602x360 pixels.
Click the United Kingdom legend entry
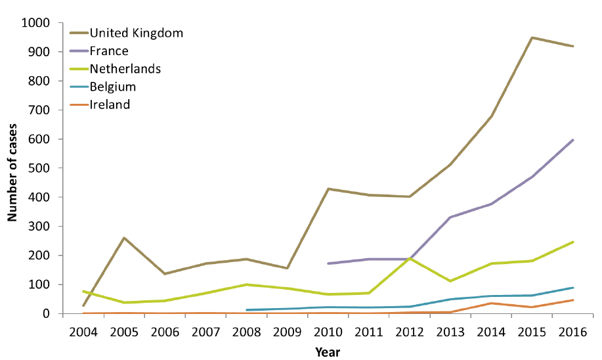pos(136,32)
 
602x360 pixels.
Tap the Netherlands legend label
pos(125,68)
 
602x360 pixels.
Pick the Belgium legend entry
pos(112,86)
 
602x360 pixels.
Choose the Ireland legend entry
pos(110,104)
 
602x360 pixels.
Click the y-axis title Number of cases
pos(12,169)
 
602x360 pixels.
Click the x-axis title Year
pos(327,351)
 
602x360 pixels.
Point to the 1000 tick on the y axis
pos(36,23)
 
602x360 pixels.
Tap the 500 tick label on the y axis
pos(39,168)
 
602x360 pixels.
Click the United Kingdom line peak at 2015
pos(532,37)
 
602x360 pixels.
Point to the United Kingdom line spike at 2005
pos(124,238)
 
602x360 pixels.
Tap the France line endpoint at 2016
pos(573,139)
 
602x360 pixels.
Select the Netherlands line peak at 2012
pos(410,258)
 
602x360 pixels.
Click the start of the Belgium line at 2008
pos(246,309)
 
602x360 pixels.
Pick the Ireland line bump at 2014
pos(491,303)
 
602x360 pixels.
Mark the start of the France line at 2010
pos(328,263)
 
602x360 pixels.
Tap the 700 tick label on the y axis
pos(39,110)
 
